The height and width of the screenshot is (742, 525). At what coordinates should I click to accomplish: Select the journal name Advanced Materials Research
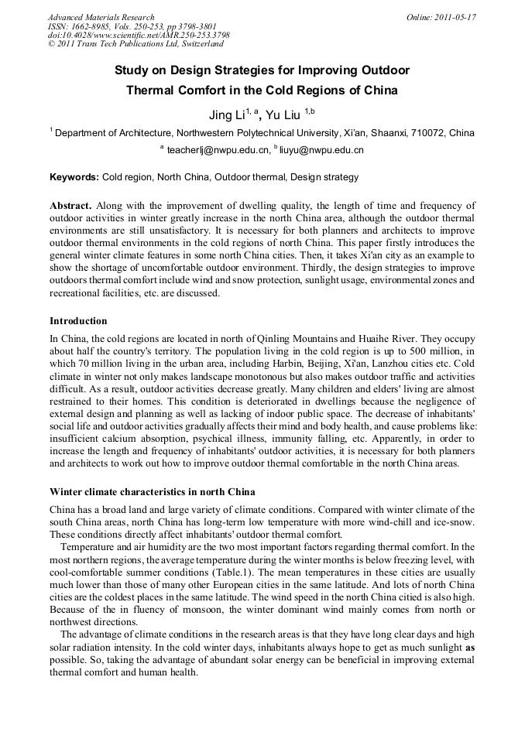[101, 17]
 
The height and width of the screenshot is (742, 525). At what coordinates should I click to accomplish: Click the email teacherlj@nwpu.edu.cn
[218, 150]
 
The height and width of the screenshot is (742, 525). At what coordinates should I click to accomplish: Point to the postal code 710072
[421, 133]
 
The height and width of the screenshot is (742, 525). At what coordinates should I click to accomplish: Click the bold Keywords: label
[74, 177]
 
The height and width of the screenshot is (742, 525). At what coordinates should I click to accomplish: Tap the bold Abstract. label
[70, 206]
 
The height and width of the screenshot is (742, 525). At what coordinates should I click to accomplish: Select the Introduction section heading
[78, 320]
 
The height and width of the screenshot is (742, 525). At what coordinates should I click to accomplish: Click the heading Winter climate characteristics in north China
[153, 492]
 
